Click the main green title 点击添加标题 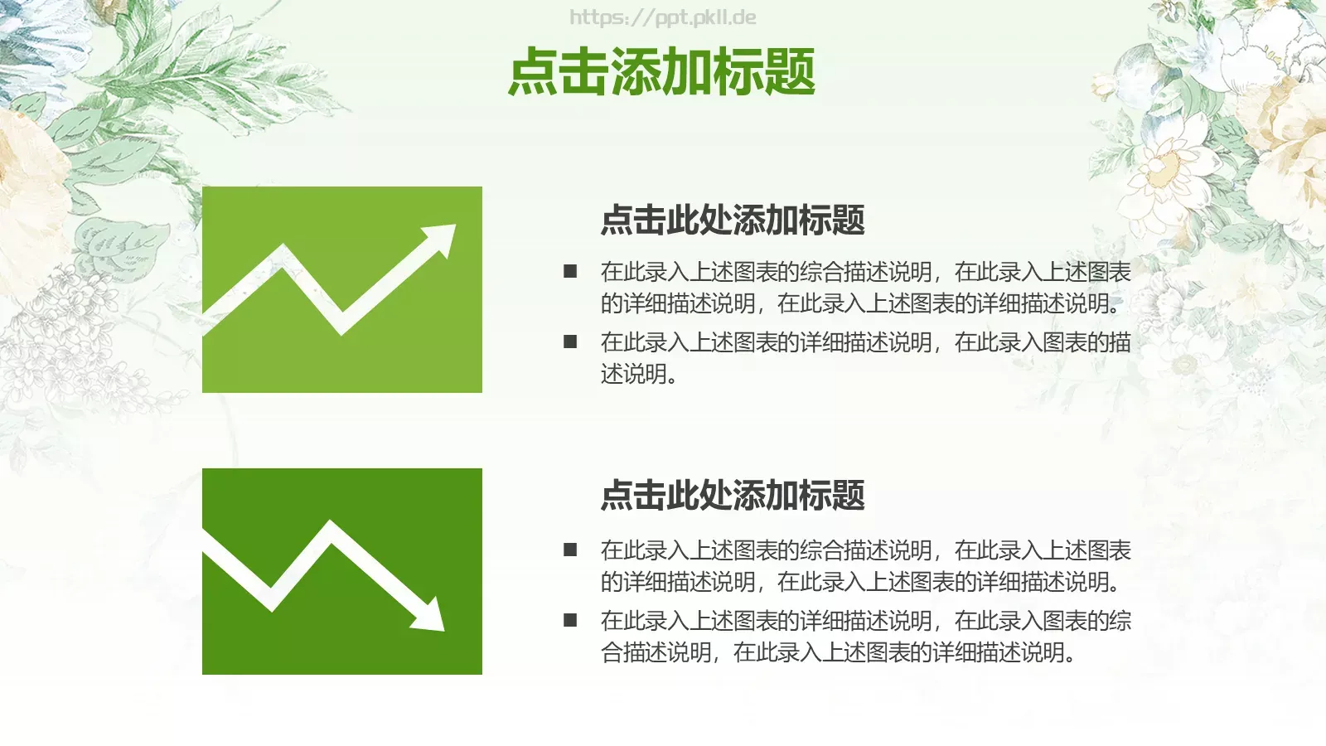pyautogui.click(x=661, y=71)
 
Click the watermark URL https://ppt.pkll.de pyautogui.click(x=662, y=17)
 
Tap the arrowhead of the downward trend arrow pyautogui.click(x=432, y=617)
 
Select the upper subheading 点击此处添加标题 pyautogui.click(x=733, y=220)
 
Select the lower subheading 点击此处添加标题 pyautogui.click(x=733, y=496)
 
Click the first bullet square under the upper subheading pyautogui.click(x=570, y=271)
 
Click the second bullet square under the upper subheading pyautogui.click(x=570, y=342)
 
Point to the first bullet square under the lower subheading pyautogui.click(x=570, y=549)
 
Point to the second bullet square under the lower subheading pyautogui.click(x=570, y=620)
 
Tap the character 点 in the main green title pyautogui.click(x=533, y=71)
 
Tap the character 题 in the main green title pyautogui.click(x=790, y=71)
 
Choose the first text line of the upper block pyautogui.click(x=865, y=272)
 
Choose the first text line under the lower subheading pyautogui.click(x=865, y=550)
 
